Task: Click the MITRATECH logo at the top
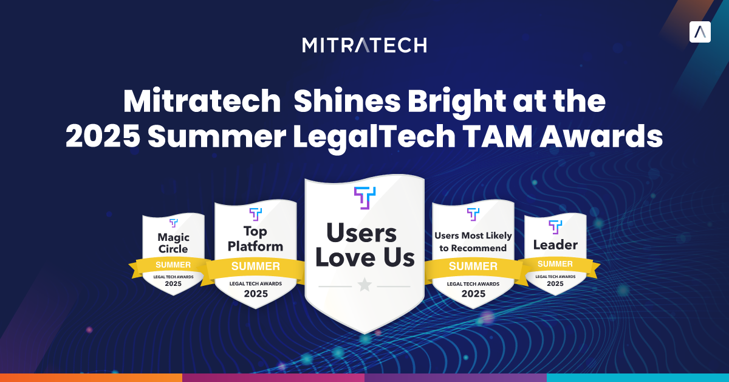tap(364, 45)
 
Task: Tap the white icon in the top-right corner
tap(700, 32)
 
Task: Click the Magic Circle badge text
tap(173, 243)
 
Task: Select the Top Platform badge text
tap(256, 238)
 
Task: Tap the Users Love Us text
tap(364, 245)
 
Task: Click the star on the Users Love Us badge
tap(364, 285)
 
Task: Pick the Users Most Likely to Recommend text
tap(473, 241)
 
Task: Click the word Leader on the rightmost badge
tap(555, 245)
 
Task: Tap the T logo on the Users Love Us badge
tap(364, 198)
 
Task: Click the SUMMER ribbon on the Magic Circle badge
tap(173, 265)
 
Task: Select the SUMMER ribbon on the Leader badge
tap(555, 264)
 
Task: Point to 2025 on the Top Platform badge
tap(256, 294)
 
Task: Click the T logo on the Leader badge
tap(555, 227)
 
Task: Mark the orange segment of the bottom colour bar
tap(91, 377)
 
